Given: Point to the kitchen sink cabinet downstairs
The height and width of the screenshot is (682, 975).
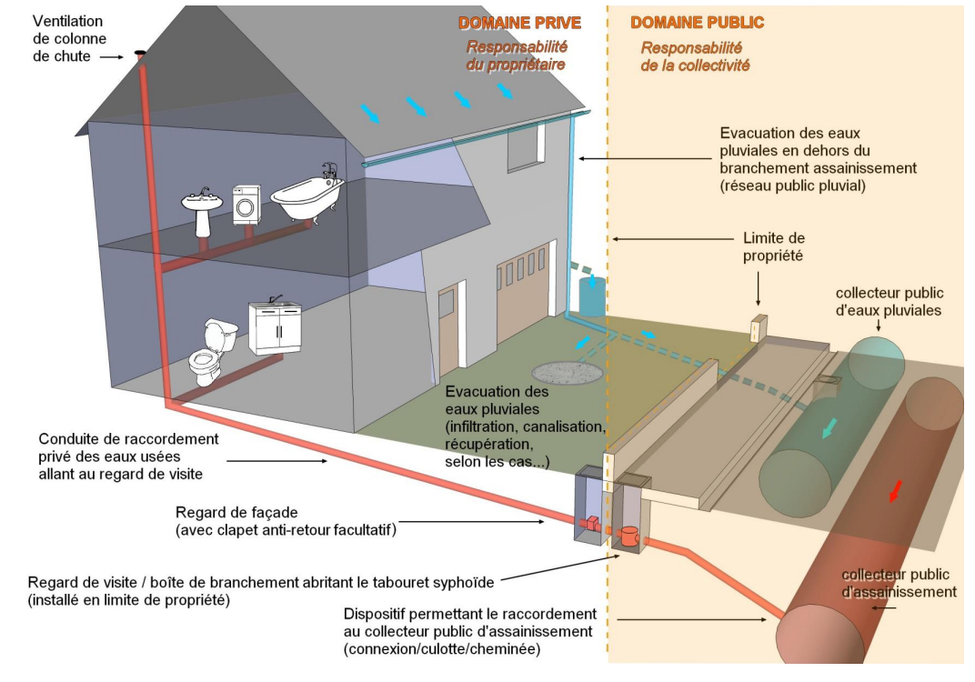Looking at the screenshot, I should point(274,328).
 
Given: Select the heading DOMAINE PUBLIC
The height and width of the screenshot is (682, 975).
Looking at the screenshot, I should point(698,23).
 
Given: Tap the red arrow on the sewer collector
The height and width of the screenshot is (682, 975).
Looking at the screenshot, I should point(895,491).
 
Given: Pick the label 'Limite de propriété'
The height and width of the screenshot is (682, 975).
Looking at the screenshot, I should point(775,246).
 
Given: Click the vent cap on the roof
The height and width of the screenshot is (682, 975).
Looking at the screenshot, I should point(140,55).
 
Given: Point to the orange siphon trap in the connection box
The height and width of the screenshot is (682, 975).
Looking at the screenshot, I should point(629,534).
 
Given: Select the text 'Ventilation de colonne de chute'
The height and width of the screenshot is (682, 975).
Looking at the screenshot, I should point(69,39).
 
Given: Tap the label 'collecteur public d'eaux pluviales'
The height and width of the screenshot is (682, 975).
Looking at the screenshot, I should point(889,301).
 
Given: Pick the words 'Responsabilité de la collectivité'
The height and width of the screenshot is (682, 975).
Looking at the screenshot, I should point(696,56).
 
